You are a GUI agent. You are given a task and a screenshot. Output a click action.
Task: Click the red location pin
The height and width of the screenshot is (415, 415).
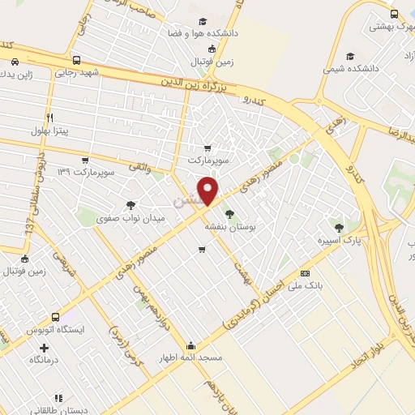pos(209,191)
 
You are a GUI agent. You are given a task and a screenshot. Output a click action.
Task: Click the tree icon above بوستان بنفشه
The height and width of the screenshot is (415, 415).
pos(230,212)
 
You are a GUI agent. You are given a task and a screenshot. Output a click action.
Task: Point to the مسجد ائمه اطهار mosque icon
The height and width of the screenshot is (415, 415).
pos(190,344)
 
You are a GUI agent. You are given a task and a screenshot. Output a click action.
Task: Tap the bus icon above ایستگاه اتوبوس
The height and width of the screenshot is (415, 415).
pos(55,318)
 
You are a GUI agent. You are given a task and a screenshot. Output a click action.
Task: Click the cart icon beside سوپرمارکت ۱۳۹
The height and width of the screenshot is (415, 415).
pos(86,161)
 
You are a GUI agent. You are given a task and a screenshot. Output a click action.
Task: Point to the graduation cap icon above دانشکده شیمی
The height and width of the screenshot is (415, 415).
pos(349,56)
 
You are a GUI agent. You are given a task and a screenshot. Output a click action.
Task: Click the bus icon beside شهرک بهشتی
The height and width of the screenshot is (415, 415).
pos(394,14)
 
